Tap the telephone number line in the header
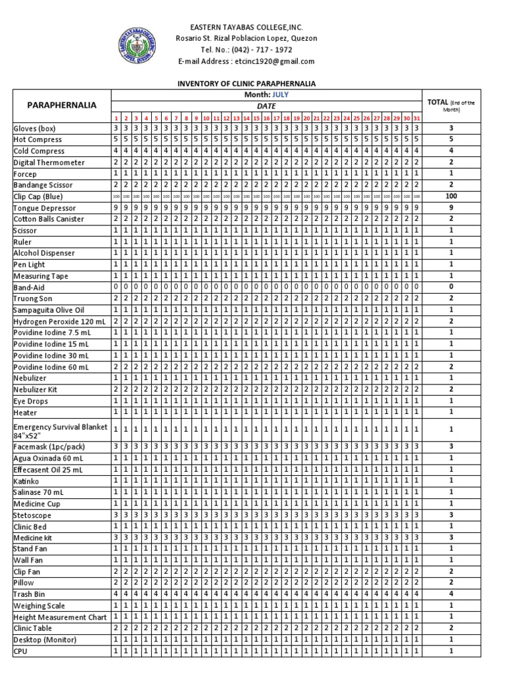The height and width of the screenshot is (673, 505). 247,50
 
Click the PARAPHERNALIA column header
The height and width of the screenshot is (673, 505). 61,105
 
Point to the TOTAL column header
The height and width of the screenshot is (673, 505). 451,105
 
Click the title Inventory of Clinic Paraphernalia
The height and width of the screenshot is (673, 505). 247,84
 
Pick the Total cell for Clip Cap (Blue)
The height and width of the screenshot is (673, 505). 451,197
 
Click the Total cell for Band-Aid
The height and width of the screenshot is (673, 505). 451,287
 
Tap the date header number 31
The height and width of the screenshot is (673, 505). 417,117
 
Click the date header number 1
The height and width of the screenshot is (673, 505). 116,117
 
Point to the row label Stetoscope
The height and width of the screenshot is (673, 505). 32,515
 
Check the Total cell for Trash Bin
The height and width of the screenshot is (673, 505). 451,594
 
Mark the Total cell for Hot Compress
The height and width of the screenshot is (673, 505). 451,139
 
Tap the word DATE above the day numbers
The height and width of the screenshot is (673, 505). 266,106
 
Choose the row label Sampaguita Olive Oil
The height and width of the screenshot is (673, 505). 49,310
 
